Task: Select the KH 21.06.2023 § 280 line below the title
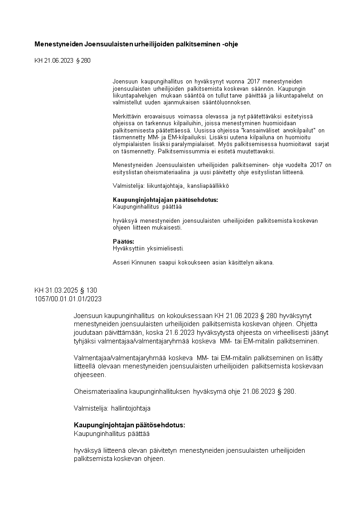pyautogui.click(x=62, y=60)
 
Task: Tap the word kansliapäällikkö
pyautogui.click(x=208, y=186)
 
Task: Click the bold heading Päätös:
pyautogui.click(x=123, y=241)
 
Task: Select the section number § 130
pyautogui.click(x=88, y=290)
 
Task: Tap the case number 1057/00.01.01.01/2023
pyautogui.click(x=68, y=299)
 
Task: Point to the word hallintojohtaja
pyautogui.click(x=131, y=408)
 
